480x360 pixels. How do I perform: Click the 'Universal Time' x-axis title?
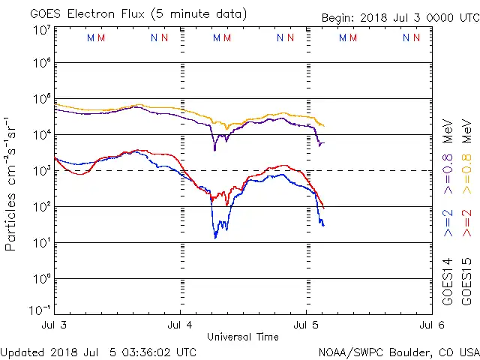pyautogui.click(x=243, y=337)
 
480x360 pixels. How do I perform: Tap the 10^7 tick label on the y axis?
pyautogui.click(x=41, y=30)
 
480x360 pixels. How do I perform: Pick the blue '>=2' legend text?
pyautogui.click(x=448, y=223)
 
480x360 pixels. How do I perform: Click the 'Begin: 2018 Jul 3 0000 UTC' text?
pyautogui.click(x=400, y=18)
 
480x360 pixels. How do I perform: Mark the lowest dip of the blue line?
pyautogui.click(x=215, y=238)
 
